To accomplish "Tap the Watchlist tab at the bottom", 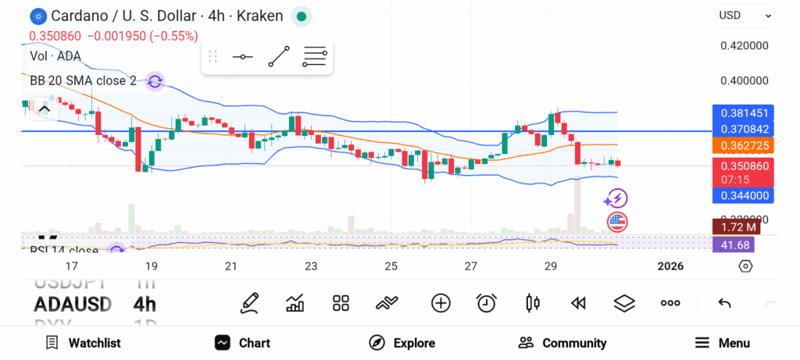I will click(x=84, y=343).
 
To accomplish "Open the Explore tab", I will click(x=402, y=343).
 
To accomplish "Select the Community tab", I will click(x=562, y=343).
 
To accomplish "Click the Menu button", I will click(x=723, y=343).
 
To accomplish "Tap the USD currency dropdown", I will click(x=745, y=15).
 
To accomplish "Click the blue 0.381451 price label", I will click(x=744, y=112).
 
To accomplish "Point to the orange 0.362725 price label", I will click(x=744, y=145).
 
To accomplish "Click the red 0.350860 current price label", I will click(x=744, y=166).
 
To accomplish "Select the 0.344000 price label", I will click(x=744, y=195).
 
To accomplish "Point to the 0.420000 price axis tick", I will click(x=744, y=46).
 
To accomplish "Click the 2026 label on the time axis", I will click(x=670, y=266).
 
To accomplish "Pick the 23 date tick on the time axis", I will click(x=311, y=266).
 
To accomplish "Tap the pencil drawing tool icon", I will click(x=249, y=303).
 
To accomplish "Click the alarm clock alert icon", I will click(x=487, y=303).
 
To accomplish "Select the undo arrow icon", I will click(x=724, y=303).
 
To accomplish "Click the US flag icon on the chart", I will click(x=617, y=222).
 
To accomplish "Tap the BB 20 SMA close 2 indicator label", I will click(x=83, y=80).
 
